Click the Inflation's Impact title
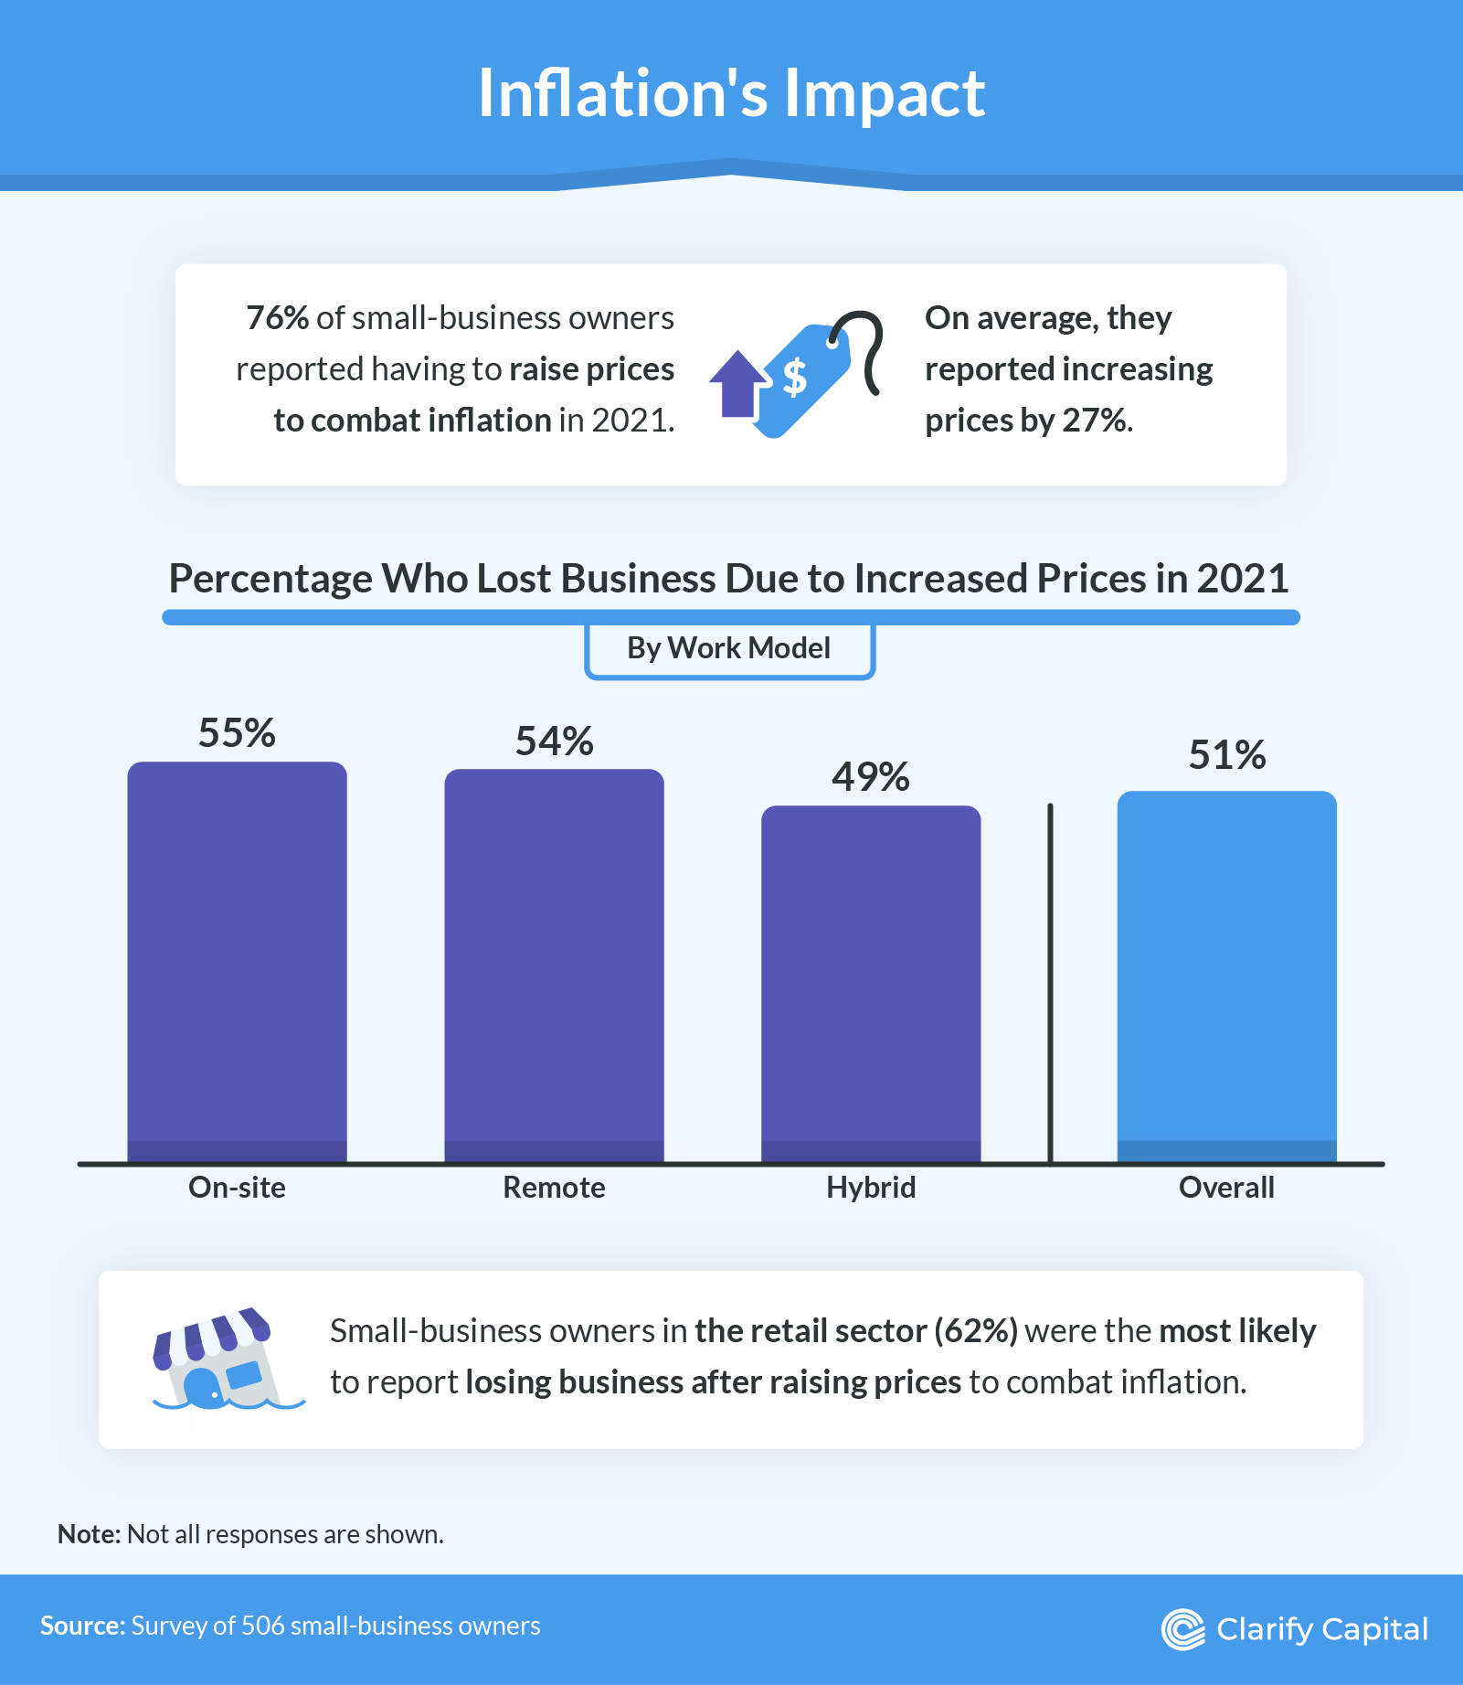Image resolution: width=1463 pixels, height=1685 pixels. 731,93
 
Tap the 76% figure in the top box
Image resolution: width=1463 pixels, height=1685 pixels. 277,318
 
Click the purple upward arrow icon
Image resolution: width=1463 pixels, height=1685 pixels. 737,384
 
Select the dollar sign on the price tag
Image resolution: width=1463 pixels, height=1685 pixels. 795,376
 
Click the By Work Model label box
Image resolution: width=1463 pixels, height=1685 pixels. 729,649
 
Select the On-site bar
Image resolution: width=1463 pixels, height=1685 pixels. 237,960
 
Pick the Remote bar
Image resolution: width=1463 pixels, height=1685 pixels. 554,965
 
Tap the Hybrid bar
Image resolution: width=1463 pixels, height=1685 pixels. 871,983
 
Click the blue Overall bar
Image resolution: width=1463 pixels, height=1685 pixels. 1226,974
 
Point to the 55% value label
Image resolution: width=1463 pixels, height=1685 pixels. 237,733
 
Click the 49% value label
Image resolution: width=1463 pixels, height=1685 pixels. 871,777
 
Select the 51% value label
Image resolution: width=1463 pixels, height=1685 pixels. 1226,755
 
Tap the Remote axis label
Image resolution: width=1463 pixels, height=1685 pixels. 554,1188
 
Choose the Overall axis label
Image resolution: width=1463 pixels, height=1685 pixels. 1226,1188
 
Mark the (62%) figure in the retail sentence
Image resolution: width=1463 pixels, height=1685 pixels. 975,1331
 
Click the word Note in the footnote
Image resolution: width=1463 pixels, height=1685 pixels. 88,1534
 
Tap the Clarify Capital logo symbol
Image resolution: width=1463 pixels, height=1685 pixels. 1182,1629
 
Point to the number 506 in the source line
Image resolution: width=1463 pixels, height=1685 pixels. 263,1626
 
